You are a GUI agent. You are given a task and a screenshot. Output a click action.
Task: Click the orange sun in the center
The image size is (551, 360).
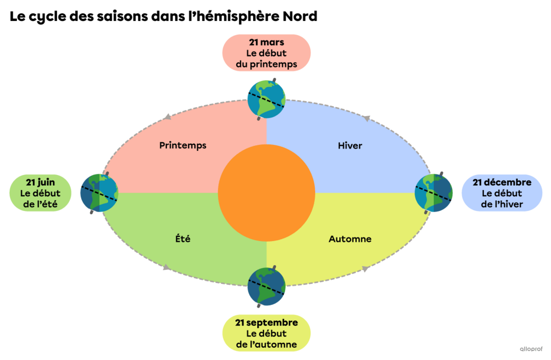coord(266,193)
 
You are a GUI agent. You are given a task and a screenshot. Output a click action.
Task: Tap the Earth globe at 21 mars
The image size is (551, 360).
coord(266,99)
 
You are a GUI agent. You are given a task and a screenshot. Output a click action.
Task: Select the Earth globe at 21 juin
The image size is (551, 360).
coord(99,192)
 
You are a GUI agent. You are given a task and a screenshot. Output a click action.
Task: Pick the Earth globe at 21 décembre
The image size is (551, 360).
coord(434,192)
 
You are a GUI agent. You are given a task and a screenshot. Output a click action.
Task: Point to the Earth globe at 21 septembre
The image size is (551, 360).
coord(266,287)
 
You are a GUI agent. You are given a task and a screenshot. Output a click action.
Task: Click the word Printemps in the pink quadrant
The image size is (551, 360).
coord(183,145)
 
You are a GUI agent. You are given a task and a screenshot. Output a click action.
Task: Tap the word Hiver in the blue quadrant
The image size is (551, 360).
coord(350,146)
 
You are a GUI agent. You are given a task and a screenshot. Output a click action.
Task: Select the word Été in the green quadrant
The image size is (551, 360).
coord(183,239)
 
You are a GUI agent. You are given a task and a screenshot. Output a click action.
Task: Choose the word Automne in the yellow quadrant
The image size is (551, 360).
coord(350,239)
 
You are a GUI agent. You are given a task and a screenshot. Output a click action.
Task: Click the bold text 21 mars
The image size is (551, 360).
coord(266,42)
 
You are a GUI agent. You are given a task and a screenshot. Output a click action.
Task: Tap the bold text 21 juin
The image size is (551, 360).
coord(40,182)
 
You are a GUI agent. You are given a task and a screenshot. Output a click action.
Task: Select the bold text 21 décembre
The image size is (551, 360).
coord(502,182)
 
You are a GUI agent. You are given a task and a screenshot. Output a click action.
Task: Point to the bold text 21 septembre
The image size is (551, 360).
coord(266,323)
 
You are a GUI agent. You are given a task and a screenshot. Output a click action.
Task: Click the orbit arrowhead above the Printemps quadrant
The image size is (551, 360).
coord(166,118)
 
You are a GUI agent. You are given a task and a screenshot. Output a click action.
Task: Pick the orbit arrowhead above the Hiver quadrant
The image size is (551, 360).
coord(366,118)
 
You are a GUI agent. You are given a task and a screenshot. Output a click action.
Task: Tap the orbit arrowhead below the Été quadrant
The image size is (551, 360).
coord(166,268)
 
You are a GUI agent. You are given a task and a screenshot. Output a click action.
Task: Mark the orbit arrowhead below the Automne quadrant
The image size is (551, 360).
coord(366,269)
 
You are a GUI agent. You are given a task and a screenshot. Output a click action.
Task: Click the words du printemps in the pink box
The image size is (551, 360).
coord(266,65)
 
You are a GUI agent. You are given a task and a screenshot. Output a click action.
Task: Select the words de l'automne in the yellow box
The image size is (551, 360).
coord(266,345)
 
